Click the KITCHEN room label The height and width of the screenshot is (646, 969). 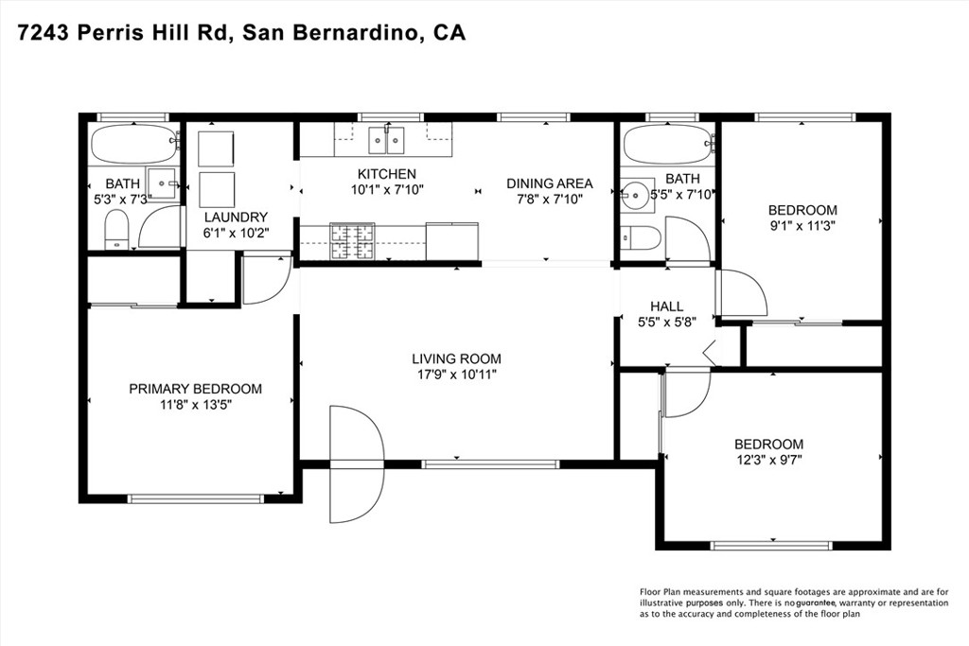[x=387, y=174]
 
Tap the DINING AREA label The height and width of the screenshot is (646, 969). [x=550, y=183]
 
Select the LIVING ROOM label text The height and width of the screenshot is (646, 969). [x=456, y=358]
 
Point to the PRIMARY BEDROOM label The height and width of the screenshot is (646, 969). [x=195, y=389]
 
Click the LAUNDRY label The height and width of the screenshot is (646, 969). [x=236, y=218]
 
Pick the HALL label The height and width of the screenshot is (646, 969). [x=667, y=306]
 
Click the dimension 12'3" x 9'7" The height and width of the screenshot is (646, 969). [x=768, y=460]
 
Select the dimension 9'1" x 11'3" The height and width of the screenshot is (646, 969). [x=802, y=226]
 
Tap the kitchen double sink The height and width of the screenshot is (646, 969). [x=387, y=140]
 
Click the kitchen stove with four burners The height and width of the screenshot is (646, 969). [x=352, y=241]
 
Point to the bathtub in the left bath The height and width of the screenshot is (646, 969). [x=134, y=144]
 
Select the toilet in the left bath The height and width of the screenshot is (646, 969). [x=116, y=229]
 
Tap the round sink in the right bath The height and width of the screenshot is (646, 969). [x=636, y=197]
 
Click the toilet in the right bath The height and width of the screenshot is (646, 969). [x=641, y=237]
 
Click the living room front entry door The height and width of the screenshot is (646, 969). [x=357, y=463]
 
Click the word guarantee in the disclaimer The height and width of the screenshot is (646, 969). [x=816, y=602]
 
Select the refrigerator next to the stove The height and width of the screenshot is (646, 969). [x=451, y=241]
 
